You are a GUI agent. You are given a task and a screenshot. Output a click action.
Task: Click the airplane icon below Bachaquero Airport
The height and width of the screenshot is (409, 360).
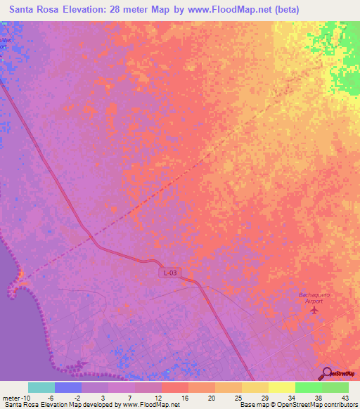(314, 309)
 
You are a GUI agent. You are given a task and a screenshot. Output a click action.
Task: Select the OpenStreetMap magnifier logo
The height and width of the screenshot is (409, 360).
(327, 373)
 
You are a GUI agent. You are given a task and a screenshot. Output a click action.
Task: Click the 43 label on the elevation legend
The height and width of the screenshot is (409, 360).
(345, 398)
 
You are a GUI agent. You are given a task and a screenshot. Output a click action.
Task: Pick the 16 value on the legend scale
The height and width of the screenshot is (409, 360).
(183, 398)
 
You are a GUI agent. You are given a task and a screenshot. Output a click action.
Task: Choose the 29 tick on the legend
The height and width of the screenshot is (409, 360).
(264, 398)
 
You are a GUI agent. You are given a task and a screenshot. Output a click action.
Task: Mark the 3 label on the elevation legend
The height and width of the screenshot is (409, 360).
(103, 398)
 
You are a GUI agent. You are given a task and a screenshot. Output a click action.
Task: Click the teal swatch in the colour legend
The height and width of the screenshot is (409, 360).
(41, 387)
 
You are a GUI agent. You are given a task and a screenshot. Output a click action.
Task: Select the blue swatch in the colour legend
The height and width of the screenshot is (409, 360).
(68, 387)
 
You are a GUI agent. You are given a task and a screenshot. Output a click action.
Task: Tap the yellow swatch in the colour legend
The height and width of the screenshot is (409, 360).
(282, 387)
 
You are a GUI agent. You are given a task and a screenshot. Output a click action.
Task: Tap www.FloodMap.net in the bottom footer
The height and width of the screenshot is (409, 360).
(150, 405)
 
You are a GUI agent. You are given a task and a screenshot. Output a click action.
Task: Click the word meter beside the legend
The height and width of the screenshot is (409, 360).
(12, 398)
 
